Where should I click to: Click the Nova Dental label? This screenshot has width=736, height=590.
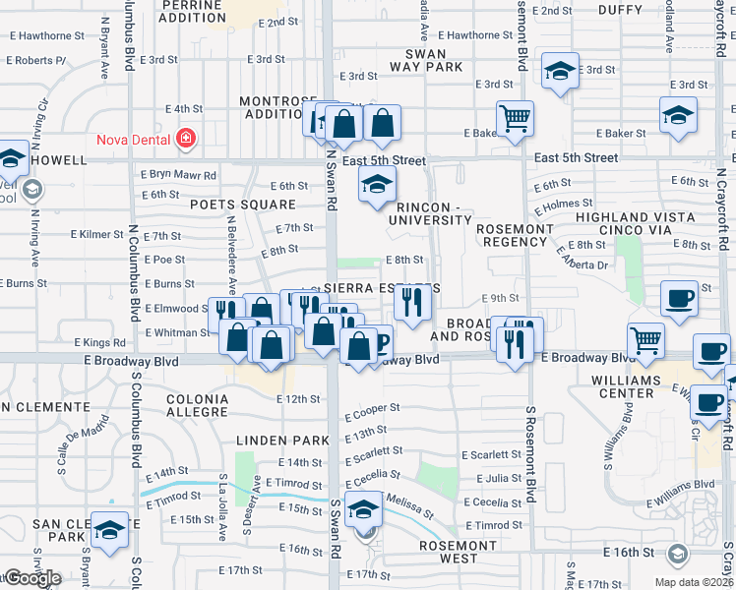[x=134, y=139]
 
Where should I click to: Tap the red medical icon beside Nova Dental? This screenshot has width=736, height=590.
[x=185, y=139]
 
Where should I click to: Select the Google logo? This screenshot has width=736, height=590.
[x=32, y=578]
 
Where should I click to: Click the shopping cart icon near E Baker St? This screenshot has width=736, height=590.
[x=515, y=119]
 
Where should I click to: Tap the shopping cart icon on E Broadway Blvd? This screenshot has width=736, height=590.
[x=645, y=340]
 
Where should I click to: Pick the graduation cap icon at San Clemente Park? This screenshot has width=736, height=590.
[x=109, y=529]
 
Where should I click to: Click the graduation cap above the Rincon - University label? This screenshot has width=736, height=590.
[x=377, y=184]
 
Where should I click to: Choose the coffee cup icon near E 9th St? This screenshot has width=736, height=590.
[x=679, y=297]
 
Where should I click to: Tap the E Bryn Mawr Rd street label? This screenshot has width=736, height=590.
[x=178, y=175]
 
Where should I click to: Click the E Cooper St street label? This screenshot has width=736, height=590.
[x=372, y=408]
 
